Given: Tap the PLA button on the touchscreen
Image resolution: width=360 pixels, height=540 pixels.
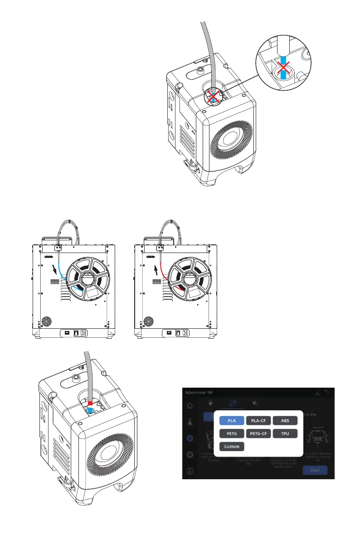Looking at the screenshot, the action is [232, 420].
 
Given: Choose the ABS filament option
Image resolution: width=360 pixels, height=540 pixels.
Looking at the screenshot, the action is [285, 420].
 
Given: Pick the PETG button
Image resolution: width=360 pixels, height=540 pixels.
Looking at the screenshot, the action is [232, 433].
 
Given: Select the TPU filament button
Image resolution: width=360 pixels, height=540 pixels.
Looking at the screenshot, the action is [285, 433].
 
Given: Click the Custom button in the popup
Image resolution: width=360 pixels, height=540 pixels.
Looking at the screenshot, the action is [232, 446].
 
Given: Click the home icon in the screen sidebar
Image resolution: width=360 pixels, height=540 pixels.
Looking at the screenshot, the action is [190, 406].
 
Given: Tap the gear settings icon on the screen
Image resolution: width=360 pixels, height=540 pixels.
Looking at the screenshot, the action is [190, 454].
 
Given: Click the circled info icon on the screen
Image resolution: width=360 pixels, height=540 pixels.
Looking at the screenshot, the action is [190, 471].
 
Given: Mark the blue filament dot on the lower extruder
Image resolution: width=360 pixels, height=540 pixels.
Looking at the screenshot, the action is [90, 410].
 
